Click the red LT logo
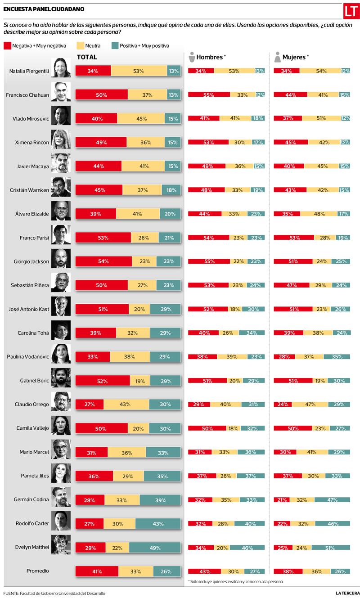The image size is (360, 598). [x=351, y=11]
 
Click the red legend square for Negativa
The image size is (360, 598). [x=7, y=45]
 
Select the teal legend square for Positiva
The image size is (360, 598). [x=115, y=45]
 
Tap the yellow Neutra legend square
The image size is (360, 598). [x=81, y=45]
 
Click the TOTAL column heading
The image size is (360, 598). [x=87, y=57]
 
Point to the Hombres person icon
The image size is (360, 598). [x=192, y=57]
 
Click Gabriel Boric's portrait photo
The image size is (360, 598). [x=61, y=380]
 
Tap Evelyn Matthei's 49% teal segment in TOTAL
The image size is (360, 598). [x=155, y=547]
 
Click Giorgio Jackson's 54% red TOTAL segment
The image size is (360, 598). [x=103, y=261]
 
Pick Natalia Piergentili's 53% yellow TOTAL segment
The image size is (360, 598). [x=139, y=71]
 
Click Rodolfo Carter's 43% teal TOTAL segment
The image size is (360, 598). [x=158, y=523]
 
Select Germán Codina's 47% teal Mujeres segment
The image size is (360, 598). [x=332, y=499]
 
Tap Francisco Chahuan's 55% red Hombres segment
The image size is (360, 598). [x=209, y=95]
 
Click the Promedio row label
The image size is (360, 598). [x=37, y=571]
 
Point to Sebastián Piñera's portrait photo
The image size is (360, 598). [x=61, y=285]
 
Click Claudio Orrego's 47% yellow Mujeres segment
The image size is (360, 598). [x=310, y=404]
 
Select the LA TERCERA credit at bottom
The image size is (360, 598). [x=348, y=593]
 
